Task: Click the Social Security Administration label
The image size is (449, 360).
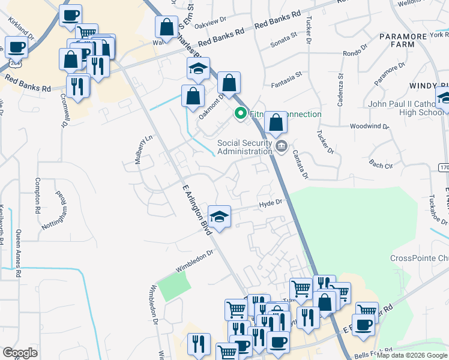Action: pyautogui.click(x=244, y=147)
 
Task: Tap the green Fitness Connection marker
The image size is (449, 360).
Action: pyautogui.click(x=241, y=113)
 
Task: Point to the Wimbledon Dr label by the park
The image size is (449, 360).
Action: pyautogui.click(x=194, y=262)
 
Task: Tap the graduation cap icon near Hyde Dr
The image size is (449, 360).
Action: pyautogui.click(x=219, y=216)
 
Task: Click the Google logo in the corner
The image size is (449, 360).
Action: pyautogui.click(x=20, y=353)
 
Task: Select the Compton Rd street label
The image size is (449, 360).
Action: pyautogui.click(x=37, y=197)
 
